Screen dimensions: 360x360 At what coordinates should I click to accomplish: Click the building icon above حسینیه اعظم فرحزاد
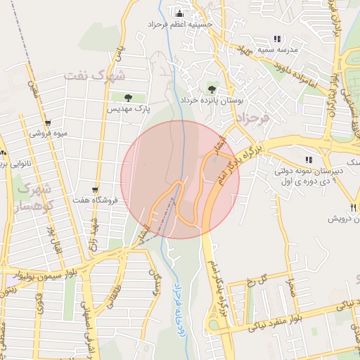179,13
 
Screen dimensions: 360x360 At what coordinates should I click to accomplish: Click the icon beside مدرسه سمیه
277,39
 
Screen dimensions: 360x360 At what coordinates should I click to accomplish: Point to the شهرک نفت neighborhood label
94,74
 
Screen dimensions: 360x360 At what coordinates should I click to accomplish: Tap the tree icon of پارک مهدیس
128,98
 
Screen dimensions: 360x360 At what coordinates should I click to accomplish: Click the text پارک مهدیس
129,109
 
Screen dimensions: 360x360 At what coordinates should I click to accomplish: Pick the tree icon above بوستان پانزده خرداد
212,89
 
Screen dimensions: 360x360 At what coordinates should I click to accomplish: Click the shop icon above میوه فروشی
48,123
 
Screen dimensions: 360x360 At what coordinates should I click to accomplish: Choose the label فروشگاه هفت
96,200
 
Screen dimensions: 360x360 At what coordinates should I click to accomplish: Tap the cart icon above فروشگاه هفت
96,190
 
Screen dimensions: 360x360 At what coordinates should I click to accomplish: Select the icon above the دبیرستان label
309,160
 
